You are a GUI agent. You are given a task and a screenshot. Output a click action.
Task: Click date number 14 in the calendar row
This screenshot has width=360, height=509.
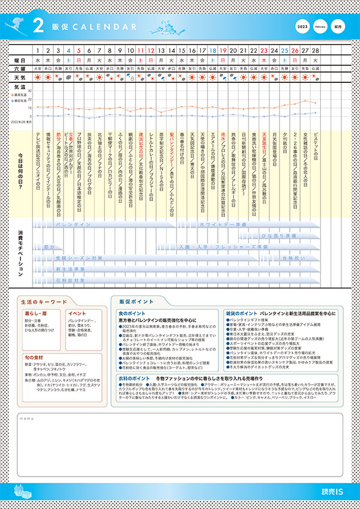[x=172, y=51]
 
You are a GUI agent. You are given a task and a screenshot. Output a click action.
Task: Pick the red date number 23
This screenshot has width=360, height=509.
[x=263, y=51]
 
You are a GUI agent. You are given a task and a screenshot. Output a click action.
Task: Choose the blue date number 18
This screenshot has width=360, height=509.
[x=212, y=51]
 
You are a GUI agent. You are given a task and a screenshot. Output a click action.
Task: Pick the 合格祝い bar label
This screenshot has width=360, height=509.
[x=291, y=258]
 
